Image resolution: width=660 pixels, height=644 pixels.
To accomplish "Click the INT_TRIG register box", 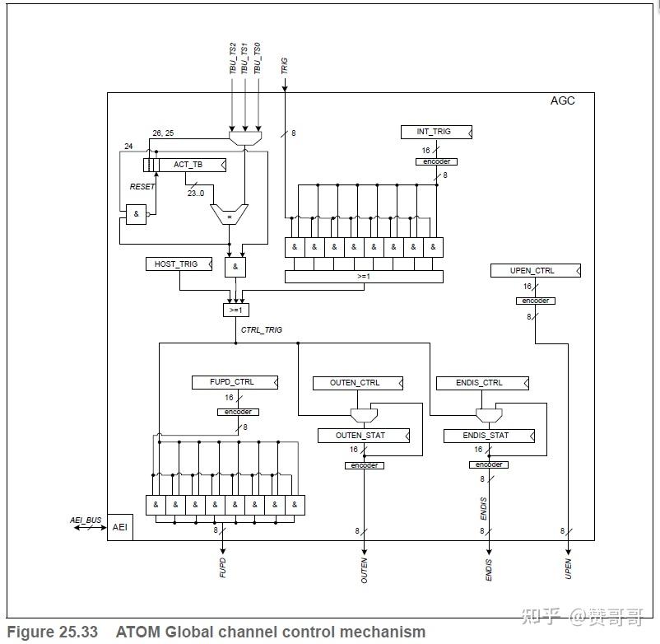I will tap(436, 132).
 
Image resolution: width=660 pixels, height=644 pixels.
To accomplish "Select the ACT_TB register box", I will tap(188, 165).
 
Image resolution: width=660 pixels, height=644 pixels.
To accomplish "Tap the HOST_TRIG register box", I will tap(177, 264).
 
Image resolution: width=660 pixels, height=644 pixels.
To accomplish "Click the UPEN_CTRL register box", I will tap(533, 271).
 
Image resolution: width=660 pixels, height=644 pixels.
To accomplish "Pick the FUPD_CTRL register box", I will tap(234, 382).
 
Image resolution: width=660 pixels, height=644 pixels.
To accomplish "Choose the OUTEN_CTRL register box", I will tap(357, 383).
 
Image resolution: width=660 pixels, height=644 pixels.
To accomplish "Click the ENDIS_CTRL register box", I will tap(481, 383).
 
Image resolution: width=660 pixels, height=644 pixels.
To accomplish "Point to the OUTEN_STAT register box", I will tap(362, 436).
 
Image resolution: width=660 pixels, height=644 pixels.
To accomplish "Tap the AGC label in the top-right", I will tap(562, 101).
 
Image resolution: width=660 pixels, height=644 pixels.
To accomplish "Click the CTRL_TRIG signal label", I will tap(261, 330).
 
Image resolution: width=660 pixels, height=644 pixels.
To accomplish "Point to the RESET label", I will tap(142, 187).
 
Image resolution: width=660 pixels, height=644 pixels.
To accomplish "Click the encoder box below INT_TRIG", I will tap(435, 161).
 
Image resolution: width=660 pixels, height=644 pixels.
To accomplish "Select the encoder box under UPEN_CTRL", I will tap(535, 301).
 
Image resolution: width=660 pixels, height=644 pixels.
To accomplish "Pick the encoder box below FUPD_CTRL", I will tap(238, 412).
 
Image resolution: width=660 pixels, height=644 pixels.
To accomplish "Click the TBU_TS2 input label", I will tap(233, 58).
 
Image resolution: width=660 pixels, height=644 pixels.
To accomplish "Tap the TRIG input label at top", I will tap(285, 66).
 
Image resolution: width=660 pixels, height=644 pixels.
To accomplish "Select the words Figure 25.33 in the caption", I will tap(53, 632).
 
